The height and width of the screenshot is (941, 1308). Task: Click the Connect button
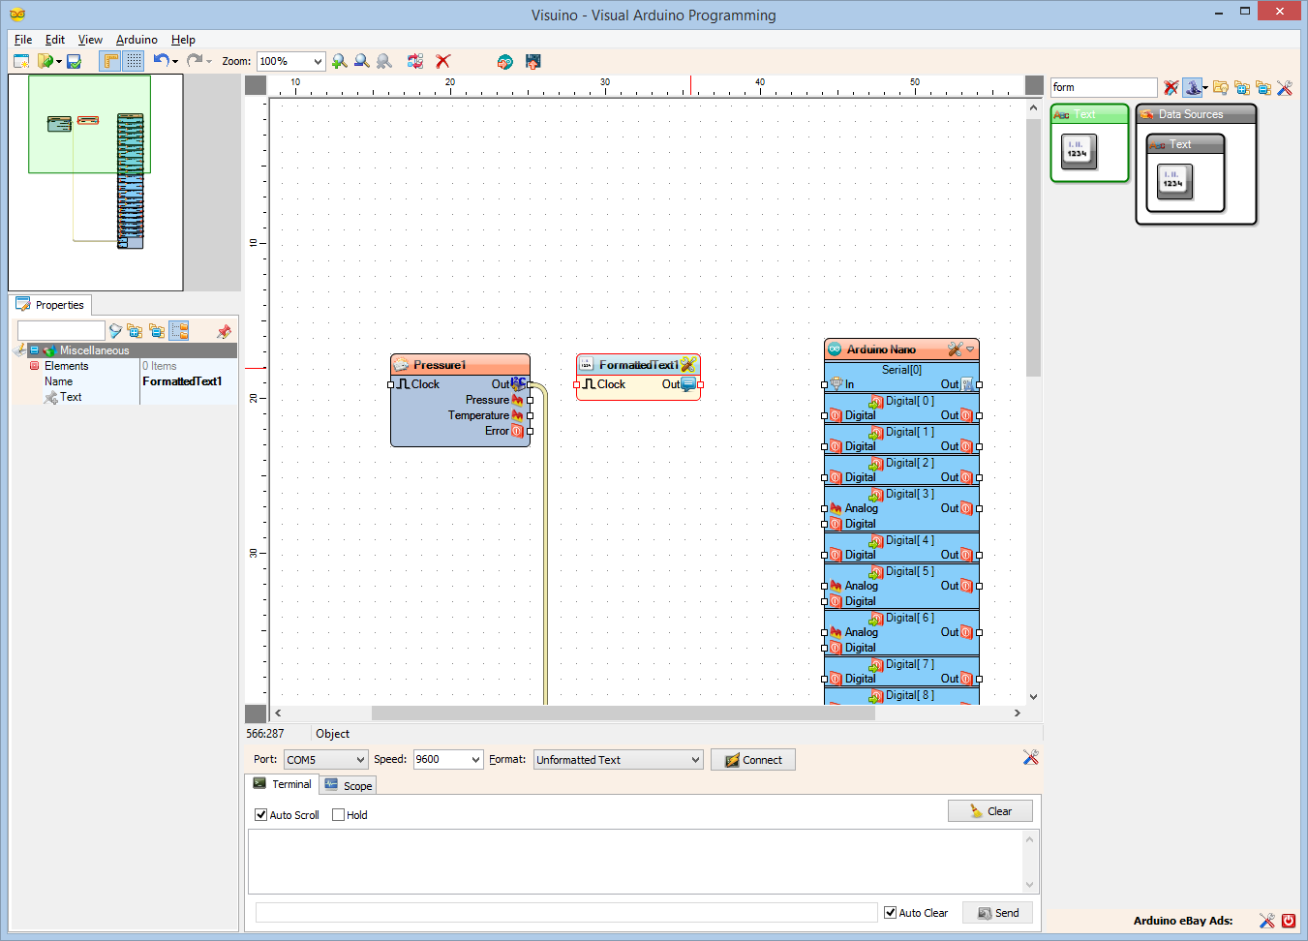[x=753, y=760]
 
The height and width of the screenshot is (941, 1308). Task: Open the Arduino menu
[x=137, y=40]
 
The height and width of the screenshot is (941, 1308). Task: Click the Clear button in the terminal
[x=990, y=811]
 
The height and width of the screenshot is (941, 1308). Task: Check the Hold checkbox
[x=339, y=815]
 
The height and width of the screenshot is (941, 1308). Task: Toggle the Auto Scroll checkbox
[x=261, y=815]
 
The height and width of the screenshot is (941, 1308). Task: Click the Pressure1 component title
[x=440, y=365]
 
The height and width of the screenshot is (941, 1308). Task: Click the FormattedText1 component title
[x=638, y=365]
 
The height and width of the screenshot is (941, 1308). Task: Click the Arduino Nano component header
[x=881, y=349]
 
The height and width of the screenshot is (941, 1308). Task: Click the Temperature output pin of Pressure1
[x=530, y=415]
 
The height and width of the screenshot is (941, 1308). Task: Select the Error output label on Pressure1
[x=497, y=431]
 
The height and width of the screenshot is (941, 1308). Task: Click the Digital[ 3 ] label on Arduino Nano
[x=909, y=494]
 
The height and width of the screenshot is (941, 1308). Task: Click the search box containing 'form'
[x=1102, y=87]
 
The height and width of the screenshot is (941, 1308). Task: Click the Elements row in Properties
[x=66, y=366]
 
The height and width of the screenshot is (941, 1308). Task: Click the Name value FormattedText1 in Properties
[x=183, y=381]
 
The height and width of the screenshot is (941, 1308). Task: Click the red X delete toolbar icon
[x=443, y=61]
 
